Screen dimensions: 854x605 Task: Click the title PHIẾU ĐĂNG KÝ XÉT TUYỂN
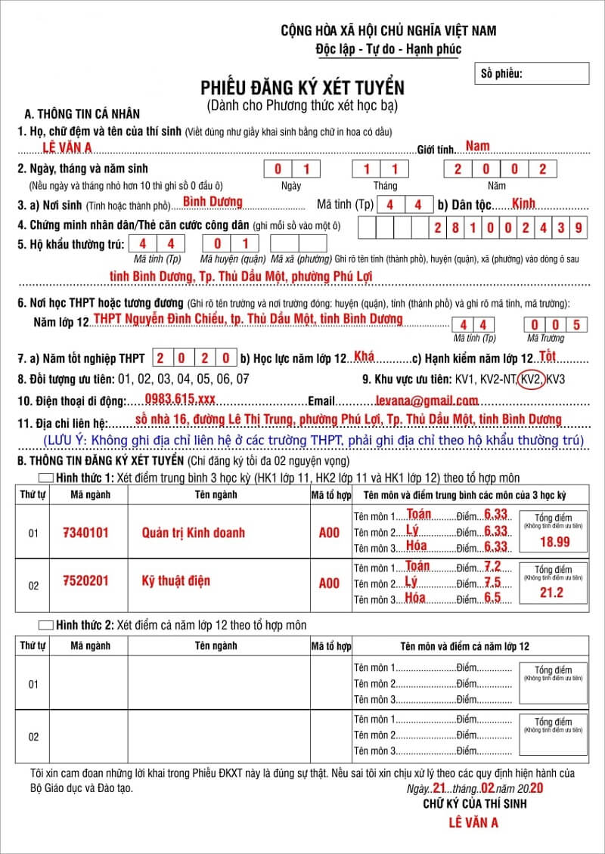[302, 88]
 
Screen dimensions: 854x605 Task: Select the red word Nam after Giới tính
[477, 146]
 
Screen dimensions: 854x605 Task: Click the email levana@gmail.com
[427, 401]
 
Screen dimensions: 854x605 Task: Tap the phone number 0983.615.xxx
[180, 400]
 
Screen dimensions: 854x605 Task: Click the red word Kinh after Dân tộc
[523, 203]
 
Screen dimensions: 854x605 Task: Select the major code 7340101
[85, 533]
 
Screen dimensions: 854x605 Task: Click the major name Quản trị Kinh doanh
[194, 533]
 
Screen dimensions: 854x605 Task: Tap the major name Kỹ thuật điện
[175, 580]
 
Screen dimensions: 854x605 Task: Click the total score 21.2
[552, 593]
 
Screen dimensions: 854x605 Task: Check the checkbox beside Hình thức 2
[45, 625]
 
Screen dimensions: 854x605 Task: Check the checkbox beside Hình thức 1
[45, 478]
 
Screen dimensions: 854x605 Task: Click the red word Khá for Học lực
[364, 356]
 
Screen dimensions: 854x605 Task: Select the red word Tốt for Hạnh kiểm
[548, 356]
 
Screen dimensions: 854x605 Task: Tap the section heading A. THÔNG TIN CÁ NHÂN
[82, 114]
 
